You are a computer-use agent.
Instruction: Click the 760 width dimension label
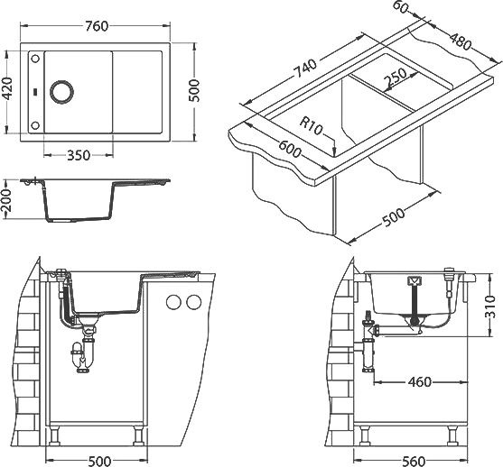tap(97, 26)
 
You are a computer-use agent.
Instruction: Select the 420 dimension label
tap(7, 88)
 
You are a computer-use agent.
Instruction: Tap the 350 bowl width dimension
tap(79, 156)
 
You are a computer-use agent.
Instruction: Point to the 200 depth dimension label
tap(6, 200)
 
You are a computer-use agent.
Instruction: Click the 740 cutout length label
tap(306, 69)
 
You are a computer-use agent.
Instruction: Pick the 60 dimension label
tap(400, 7)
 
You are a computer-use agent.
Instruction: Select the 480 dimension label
tap(461, 41)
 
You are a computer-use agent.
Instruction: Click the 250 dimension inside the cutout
tap(396, 78)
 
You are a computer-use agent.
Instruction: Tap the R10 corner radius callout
tap(311, 125)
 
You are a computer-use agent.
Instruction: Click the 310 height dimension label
tap(489, 307)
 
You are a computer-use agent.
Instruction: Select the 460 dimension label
tap(420, 381)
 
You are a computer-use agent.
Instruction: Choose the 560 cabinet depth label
tap(414, 462)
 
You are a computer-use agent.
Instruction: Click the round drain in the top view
tap(62, 92)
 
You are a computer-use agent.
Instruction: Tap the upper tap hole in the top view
tap(35, 59)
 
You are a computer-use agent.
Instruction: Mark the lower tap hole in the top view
tap(35, 125)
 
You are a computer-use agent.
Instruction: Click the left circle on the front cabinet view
tap(173, 302)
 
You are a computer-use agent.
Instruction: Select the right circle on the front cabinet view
tap(194, 302)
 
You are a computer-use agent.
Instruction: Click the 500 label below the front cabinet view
tap(99, 462)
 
